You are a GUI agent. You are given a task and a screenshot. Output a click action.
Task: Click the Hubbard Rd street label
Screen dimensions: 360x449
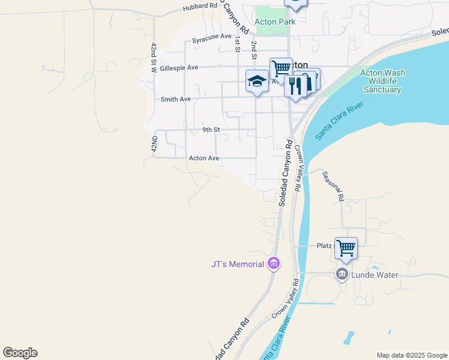pyautogui.click(x=200, y=5)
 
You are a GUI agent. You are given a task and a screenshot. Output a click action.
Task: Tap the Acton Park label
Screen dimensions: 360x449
pyautogui.click(x=275, y=22)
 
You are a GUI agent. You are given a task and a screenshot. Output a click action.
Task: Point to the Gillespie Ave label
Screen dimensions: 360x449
pyautogui.click(x=178, y=68)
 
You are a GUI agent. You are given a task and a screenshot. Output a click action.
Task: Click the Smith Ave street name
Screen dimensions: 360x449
pyautogui.click(x=175, y=99)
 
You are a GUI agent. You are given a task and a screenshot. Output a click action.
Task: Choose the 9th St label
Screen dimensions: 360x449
pyautogui.click(x=211, y=130)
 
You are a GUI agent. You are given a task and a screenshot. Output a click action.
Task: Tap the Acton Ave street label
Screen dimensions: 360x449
pyautogui.click(x=204, y=158)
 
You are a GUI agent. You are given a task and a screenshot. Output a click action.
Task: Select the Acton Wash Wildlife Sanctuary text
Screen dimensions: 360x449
pyautogui.click(x=382, y=81)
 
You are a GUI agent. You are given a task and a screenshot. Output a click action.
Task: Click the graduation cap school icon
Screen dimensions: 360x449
pyautogui.click(x=257, y=81)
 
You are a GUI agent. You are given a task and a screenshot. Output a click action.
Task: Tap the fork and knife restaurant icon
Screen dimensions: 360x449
pyautogui.click(x=295, y=85)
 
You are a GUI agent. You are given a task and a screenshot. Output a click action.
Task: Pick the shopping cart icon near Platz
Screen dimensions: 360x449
pyautogui.click(x=346, y=247)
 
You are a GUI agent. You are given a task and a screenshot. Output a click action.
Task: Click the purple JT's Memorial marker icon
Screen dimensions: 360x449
pyautogui.click(x=274, y=263)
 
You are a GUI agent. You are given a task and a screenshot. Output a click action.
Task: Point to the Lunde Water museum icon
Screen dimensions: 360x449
pyautogui.click(x=342, y=274)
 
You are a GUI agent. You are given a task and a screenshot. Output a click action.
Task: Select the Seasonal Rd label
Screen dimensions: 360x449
pyautogui.click(x=332, y=186)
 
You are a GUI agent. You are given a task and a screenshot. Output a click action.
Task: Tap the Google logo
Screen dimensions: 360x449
pyautogui.click(x=20, y=353)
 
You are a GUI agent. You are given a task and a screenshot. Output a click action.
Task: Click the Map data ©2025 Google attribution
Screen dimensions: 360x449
pyautogui.click(x=411, y=355)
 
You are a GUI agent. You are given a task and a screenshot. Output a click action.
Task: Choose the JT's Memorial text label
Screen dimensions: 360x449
pyautogui.click(x=238, y=264)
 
